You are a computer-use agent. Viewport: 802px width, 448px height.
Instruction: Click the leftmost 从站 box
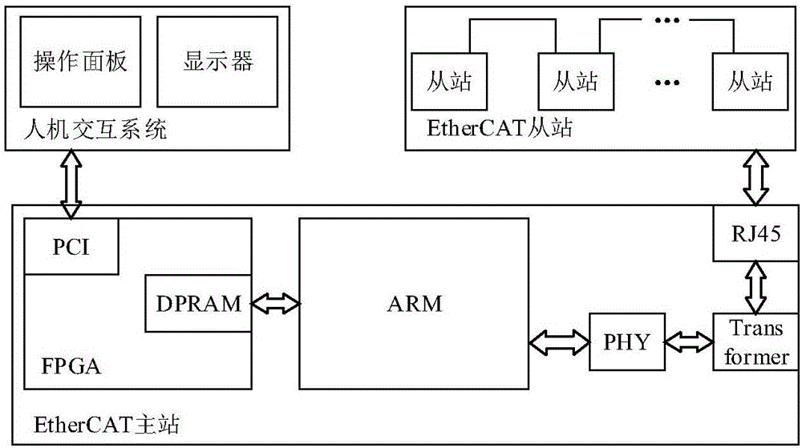click(x=449, y=81)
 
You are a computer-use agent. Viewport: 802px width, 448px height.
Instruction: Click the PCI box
click(x=73, y=246)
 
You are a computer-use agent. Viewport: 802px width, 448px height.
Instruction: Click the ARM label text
click(x=414, y=304)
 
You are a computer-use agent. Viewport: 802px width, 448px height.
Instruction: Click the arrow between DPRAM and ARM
click(x=275, y=304)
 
